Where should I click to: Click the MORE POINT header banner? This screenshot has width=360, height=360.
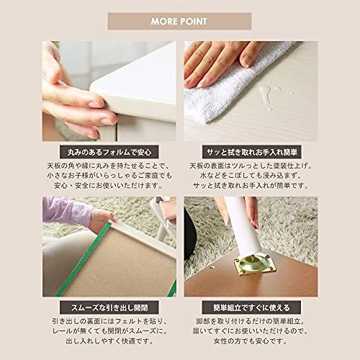(x=180, y=21)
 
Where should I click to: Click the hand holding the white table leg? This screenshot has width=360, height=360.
(x=248, y=209)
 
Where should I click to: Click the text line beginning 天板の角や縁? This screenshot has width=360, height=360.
(x=109, y=167)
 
